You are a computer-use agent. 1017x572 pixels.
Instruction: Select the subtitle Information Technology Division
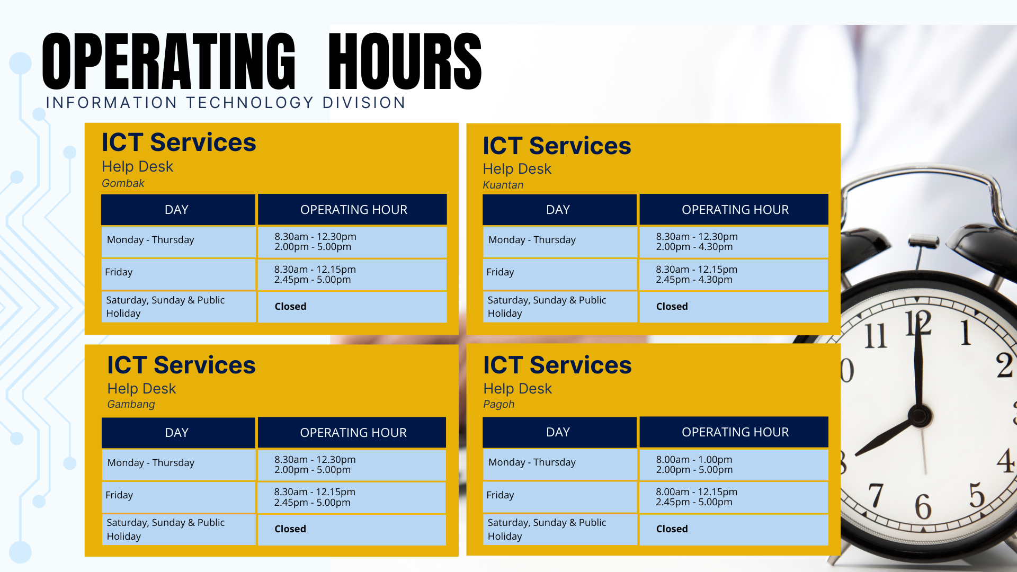click(x=226, y=103)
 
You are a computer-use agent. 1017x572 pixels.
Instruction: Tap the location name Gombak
click(x=123, y=183)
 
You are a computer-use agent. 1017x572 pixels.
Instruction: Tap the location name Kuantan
click(x=503, y=185)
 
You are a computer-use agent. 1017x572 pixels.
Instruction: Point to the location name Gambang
click(x=131, y=404)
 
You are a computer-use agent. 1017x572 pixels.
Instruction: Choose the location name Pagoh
click(x=498, y=404)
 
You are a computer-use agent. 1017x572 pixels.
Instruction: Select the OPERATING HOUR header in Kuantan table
click(x=734, y=210)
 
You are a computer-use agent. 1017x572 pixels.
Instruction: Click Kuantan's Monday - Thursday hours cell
click(x=734, y=242)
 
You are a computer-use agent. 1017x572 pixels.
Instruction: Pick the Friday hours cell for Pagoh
click(x=734, y=497)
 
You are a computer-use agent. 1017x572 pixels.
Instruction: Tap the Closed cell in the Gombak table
click(x=352, y=307)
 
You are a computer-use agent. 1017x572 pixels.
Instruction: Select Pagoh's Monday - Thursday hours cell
click(x=734, y=464)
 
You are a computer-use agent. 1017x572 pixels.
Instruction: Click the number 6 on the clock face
click(x=923, y=506)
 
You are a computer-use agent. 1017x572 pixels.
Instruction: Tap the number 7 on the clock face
click(x=876, y=495)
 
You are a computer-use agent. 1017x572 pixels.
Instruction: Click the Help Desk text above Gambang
click(x=141, y=388)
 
